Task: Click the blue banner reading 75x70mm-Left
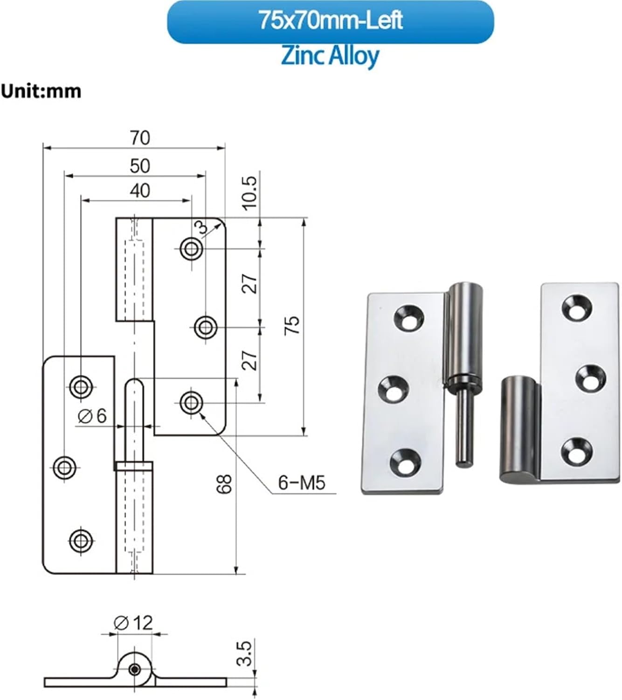[330, 21]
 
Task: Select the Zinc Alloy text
[330, 56]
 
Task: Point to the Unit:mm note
[41, 91]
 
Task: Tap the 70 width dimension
[140, 138]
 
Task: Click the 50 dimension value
[140, 166]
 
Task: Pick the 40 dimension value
[140, 191]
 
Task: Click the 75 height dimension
[292, 325]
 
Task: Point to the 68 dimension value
[224, 484]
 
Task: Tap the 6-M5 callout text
[301, 483]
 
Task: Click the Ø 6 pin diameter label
[92, 416]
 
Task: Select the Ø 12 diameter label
[133, 623]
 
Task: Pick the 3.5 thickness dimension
[245, 653]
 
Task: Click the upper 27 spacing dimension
[250, 283]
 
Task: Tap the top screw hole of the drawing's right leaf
[191, 249]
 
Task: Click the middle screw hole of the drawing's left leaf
[65, 467]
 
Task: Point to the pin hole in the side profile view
[135, 670]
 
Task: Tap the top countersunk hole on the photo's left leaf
[409, 317]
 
